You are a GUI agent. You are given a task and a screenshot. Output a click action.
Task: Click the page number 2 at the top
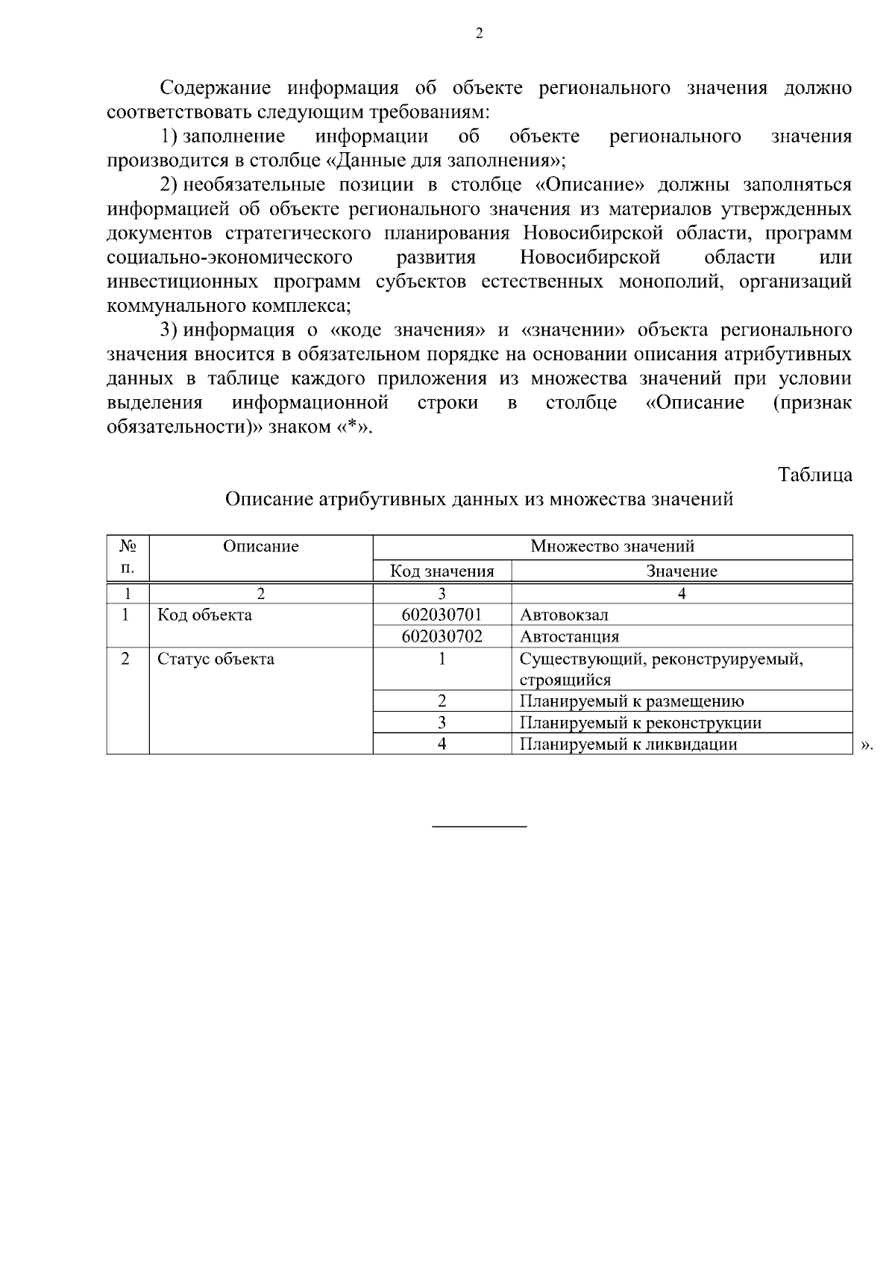(479, 33)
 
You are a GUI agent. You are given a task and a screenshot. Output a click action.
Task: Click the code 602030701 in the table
(442, 615)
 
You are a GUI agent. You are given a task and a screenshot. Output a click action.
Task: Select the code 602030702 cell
(442, 636)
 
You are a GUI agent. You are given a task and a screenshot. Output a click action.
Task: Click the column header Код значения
(442, 571)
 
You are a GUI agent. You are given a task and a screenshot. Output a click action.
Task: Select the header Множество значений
(612, 546)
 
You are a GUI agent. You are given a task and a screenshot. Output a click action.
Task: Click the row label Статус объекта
(216, 659)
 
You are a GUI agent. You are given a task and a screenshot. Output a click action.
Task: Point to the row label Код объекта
(204, 615)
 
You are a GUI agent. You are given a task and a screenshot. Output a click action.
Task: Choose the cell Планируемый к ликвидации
(628, 744)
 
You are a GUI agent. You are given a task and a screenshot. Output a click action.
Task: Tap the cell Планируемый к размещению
(631, 701)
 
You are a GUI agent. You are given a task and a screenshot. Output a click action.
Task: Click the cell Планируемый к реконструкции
(640, 723)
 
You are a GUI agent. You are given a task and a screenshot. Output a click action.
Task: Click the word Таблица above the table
(814, 474)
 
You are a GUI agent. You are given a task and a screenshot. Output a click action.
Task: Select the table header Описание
(260, 546)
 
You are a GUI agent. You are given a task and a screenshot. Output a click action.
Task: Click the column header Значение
(681, 571)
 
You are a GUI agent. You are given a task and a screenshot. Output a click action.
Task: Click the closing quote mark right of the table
(866, 745)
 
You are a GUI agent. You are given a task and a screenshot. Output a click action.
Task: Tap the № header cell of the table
(128, 546)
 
